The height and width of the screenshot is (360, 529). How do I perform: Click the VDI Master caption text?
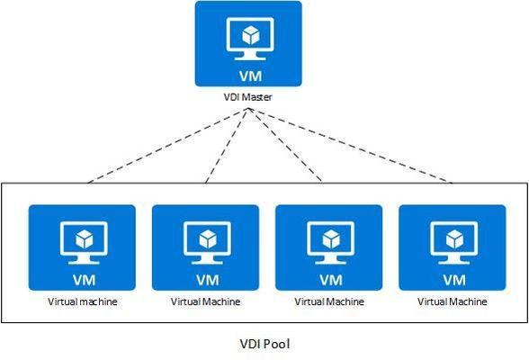[x=248, y=97]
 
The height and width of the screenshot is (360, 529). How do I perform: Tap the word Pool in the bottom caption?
[x=276, y=344]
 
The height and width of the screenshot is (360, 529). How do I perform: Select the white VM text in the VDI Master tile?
[x=250, y=76]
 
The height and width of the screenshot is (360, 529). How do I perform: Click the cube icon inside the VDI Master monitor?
[x=250, y=35]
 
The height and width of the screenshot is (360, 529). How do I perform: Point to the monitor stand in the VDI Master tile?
[x=250, y=56]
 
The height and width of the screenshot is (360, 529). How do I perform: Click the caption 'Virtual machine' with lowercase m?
[x=83, y=301]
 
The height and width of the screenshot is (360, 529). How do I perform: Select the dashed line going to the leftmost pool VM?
[x=168, y=146]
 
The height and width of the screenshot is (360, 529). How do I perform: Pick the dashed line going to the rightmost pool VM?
[x=350, y=146]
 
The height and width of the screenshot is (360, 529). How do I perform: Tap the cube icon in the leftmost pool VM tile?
[x=84, y=239]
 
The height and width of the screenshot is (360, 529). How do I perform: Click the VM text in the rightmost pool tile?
[x=454, y=280]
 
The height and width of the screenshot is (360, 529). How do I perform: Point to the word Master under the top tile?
[x=257, y=97]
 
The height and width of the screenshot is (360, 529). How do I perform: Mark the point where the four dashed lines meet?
[x=248, y=108]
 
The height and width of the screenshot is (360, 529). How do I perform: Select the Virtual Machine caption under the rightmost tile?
[x=452, y=301]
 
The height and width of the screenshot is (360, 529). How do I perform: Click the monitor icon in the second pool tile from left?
[x=207, y=243]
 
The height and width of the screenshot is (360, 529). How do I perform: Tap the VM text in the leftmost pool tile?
[x=84, y=280]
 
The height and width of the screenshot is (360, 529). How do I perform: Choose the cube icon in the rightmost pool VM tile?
[x=454, y=239]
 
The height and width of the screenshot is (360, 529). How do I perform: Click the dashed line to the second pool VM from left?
[x=227, y=146]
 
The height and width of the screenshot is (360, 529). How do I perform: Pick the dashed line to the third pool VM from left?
[x=285, y=145]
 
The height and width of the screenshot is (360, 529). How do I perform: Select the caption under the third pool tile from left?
[x=329, y=301]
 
